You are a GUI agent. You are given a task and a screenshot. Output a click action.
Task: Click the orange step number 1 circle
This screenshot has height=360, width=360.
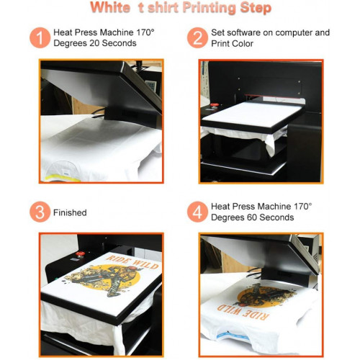click(x=40, y=37)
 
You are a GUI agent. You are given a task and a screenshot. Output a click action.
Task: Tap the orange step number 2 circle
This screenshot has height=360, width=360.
click(x=197, y=37)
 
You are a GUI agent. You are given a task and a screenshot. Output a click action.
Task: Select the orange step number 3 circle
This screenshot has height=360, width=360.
click(x=40, y=212)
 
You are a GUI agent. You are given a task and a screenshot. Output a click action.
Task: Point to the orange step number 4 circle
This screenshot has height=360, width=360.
click(x=197, y=212)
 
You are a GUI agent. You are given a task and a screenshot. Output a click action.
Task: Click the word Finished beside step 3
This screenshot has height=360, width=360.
click(x=70, y=212)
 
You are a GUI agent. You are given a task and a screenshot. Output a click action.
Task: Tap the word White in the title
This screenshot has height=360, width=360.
click(x=110, y=7)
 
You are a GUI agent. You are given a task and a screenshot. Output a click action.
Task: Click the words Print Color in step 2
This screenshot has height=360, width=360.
click(x=232, y=44)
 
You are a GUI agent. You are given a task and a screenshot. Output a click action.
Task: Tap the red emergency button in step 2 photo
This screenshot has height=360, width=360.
click(x=215, y=105)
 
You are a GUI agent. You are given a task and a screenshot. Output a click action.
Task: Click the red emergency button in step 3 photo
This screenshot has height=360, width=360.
click(x=80, y=254)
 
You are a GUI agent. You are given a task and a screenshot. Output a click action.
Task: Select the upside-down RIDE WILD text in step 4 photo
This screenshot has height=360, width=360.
click(x=242, y=312)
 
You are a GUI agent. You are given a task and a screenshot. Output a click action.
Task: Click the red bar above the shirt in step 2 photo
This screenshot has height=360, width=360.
click(x=274, y=96)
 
